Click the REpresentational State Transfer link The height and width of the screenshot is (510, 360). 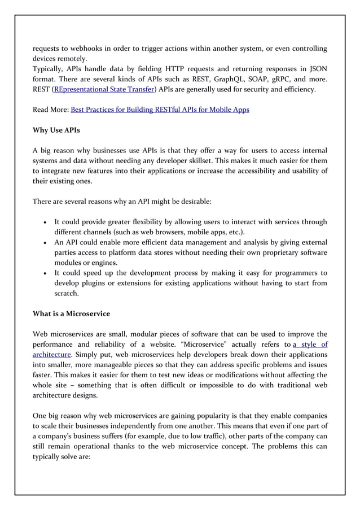(104, 89)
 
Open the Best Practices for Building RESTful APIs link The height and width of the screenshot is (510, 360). (160, 110)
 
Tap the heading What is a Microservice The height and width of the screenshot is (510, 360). (71, 313)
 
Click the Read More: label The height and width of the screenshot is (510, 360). (51, 110)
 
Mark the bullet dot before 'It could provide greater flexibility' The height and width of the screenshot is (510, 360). (45, 223)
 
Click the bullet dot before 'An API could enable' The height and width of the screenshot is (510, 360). (45, 243)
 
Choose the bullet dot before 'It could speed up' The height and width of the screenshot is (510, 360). (45, 273)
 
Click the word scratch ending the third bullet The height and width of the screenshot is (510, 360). (67, 294)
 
